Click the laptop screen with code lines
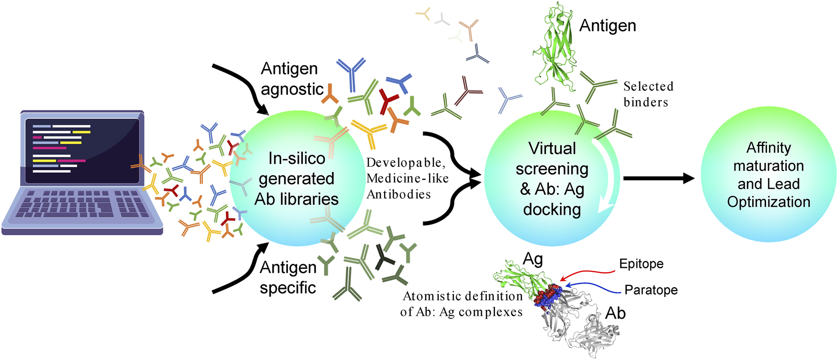[81, 150]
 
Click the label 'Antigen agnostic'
[291, 79]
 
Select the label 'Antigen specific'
[288, 277]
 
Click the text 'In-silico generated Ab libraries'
[296, 179]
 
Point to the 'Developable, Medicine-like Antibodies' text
[407, 179]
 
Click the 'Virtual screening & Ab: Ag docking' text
[552, 179]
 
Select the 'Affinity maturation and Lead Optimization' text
[768, 175]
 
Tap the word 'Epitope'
[641, 264]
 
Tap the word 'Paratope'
[651, 290]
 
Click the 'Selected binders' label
[647, 94]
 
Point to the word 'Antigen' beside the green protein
[607, 26]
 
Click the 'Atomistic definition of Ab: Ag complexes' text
[462, 304]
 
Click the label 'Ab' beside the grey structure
[615, 313]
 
